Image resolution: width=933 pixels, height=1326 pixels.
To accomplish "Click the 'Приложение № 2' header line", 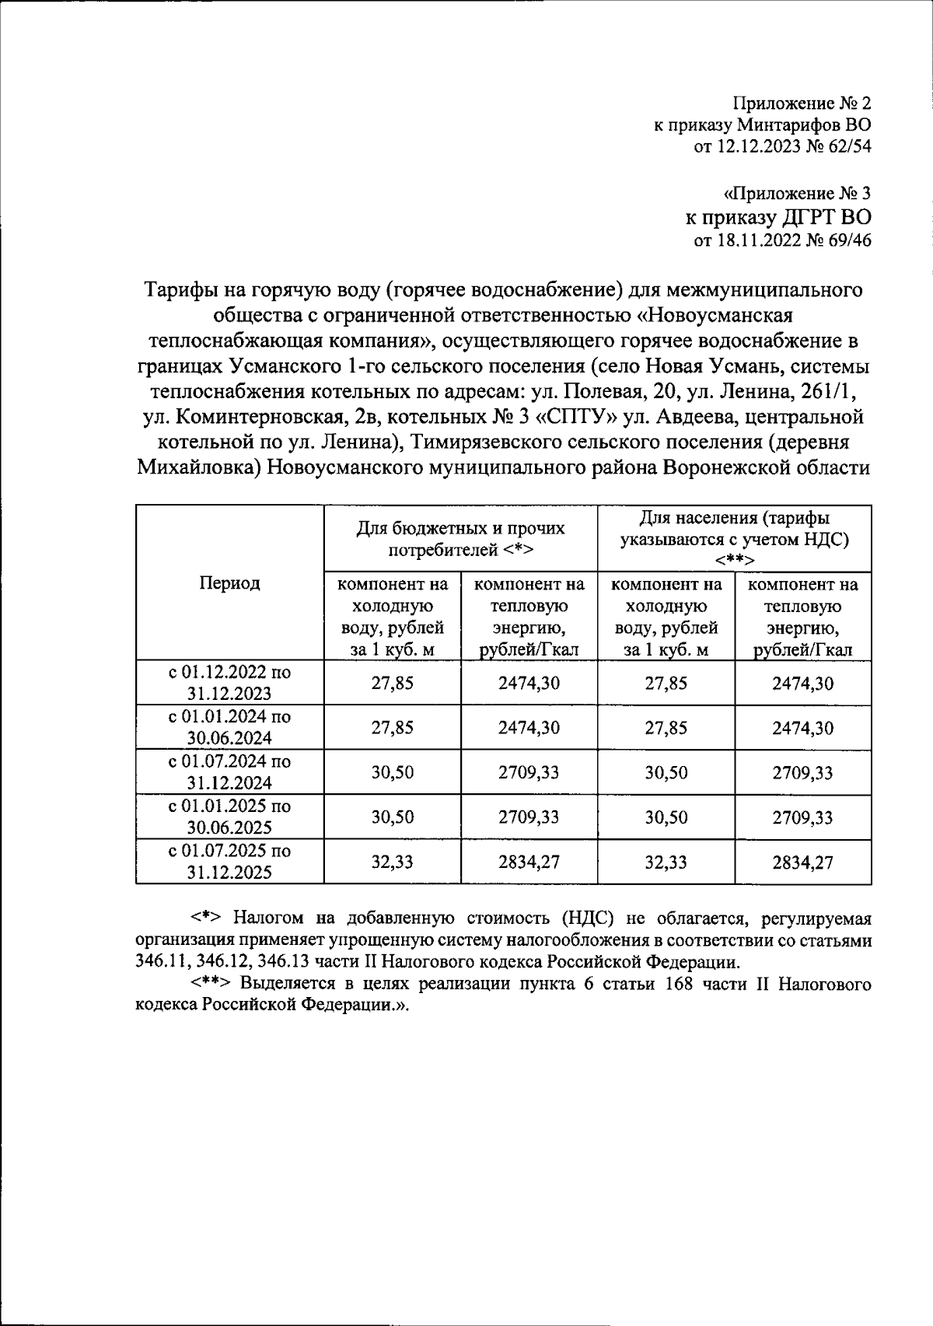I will (802, 103).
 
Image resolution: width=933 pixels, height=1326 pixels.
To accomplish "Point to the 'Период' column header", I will (229, 583).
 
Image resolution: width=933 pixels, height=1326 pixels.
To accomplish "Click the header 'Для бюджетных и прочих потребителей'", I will (460, 539).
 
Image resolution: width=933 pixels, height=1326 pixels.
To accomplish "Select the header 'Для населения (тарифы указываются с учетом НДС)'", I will (734, 538).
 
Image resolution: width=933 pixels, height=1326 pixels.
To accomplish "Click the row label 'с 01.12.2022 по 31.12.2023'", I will (229, 683).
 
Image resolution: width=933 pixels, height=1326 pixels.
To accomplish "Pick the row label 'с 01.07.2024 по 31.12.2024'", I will (229, 772).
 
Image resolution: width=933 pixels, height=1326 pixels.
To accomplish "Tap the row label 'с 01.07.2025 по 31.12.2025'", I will (229, 862).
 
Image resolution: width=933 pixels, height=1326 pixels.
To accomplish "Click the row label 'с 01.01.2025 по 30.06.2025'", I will (229, 817).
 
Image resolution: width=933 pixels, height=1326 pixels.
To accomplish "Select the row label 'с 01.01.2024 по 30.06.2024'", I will (229, 727).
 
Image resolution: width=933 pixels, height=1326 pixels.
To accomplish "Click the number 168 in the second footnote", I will (677, 984).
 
